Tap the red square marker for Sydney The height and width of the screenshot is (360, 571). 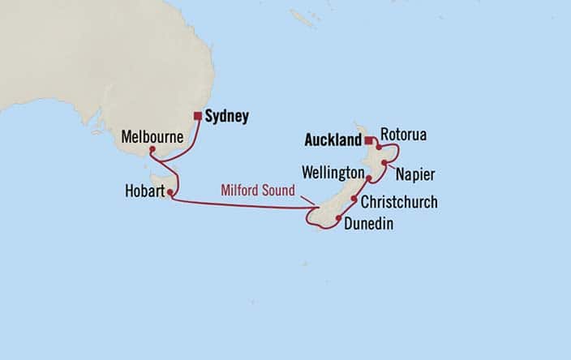point(197,116)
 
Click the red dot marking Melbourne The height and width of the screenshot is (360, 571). point(152,149)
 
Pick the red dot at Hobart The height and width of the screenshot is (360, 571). point(170,192)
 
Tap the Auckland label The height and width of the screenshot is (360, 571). point(331,140)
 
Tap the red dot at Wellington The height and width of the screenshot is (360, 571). point(369,178)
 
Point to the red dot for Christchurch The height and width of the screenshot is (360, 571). point(354,199)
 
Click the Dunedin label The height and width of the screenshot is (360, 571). point(369,224)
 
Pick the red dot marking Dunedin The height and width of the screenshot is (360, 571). point(337,218)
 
